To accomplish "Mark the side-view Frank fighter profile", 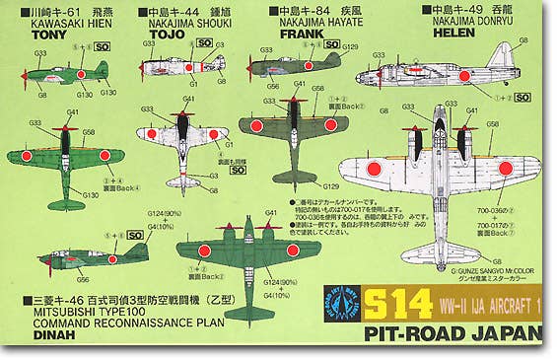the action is tap(291, 67).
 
